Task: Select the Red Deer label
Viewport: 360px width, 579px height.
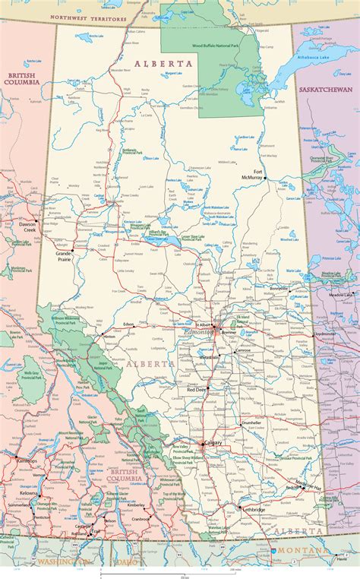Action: click(x=196, y=389)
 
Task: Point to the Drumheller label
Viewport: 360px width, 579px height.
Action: click(x=251, y=422)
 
